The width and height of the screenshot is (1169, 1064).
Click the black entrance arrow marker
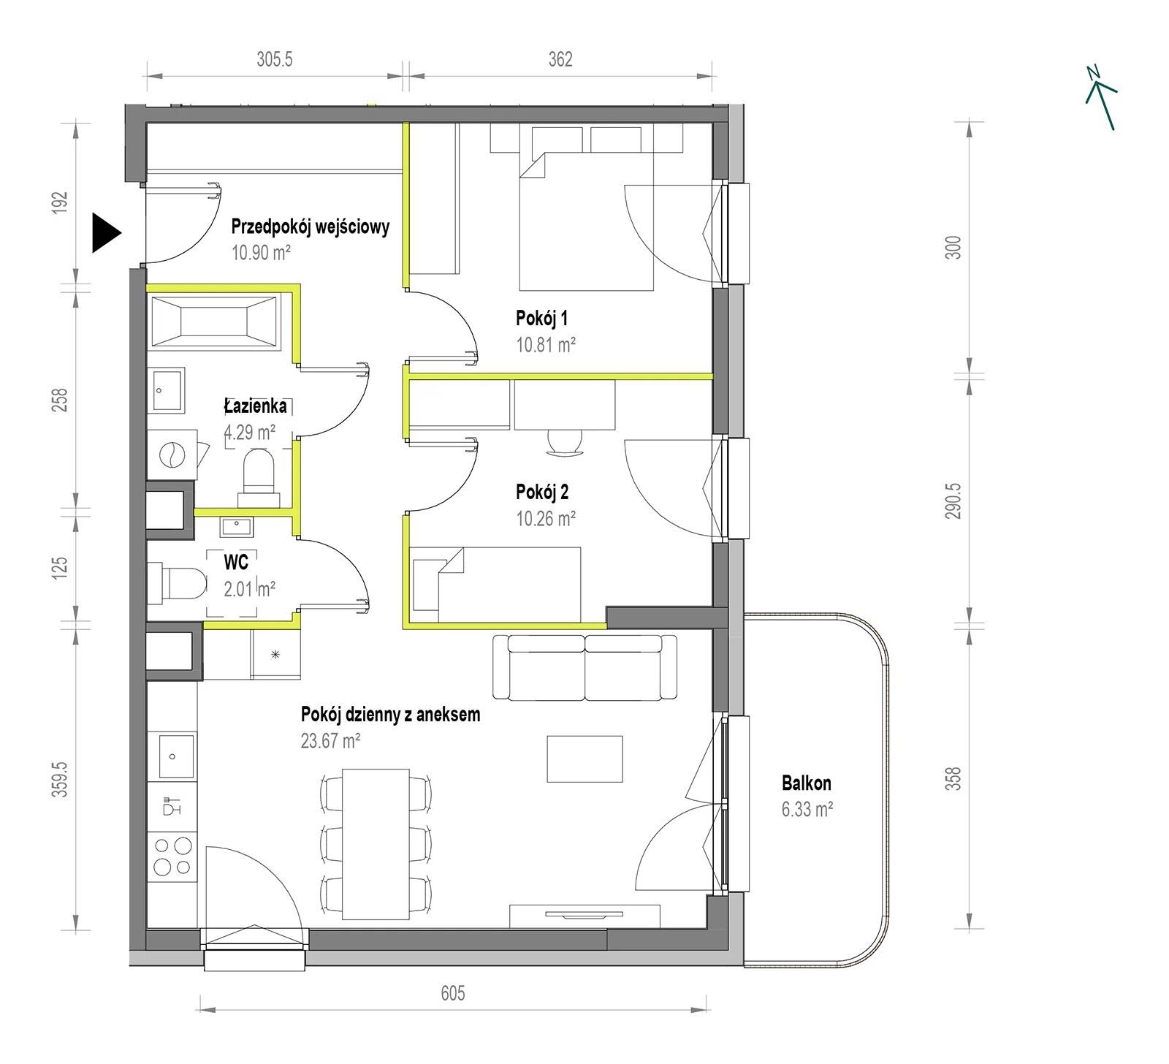[x=105, y=233]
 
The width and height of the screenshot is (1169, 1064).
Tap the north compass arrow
[x=1101, y=98]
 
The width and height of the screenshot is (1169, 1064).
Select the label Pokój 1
[x=541, y=319]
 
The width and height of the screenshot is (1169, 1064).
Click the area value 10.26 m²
[x=546, y=518]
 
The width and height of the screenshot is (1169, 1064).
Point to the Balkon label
[x=806, y=783]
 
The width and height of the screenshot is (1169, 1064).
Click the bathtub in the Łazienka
[x=213, y=320]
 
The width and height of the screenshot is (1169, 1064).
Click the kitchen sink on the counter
[x=172, y=756]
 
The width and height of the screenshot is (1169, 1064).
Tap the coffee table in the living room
[x=585, y=759]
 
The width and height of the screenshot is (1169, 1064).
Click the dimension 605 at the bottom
[x=452, y=994]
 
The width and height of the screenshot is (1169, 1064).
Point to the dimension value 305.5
[x=275, y=59]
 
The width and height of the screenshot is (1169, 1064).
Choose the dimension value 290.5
[x=954, y=501]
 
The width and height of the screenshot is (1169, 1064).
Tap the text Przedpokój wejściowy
[x=310, y=227]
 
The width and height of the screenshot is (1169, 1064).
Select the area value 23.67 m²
[x=330, y=740]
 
